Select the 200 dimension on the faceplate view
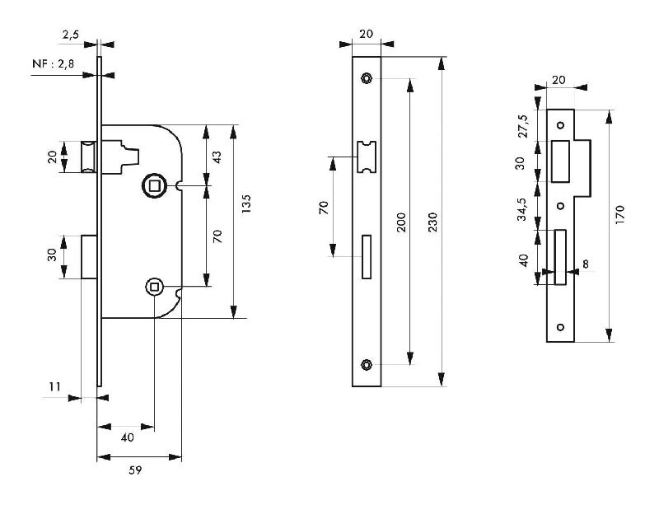point(402,223)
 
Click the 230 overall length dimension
point(433,223)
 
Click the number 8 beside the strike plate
point(585,264)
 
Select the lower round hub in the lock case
point(153,287)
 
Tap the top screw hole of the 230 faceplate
point(366,79)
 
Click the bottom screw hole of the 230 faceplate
point(366,364)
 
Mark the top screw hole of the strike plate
point(560,125)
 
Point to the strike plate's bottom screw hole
point(560,327)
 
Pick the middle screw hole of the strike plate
point(560,205)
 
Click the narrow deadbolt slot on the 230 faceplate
point(367,256)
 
